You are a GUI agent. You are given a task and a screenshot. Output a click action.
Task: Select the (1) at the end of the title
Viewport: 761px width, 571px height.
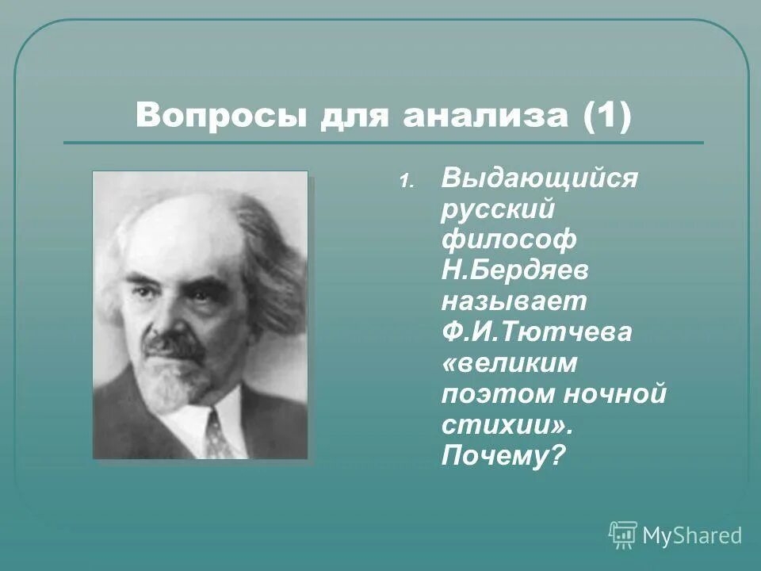coord(606,117)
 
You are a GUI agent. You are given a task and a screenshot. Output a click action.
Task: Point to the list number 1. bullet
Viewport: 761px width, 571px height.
coord(405,182)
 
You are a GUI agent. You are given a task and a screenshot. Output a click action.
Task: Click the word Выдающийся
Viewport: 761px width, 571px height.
coord(539,178)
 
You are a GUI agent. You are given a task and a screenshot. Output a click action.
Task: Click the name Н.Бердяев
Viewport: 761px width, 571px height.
coord(514,270)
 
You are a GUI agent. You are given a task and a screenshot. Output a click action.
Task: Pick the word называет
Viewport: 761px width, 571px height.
coord(514,301)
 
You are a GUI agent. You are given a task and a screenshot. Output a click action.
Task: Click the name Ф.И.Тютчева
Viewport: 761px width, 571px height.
coord(537,332)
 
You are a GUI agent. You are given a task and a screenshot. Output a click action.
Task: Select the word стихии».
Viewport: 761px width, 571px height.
coord(507,425)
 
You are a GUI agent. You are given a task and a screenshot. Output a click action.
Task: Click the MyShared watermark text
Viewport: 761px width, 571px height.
coord(691,536)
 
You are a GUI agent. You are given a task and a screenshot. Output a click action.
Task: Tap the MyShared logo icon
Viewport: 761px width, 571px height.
coord(623,535)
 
